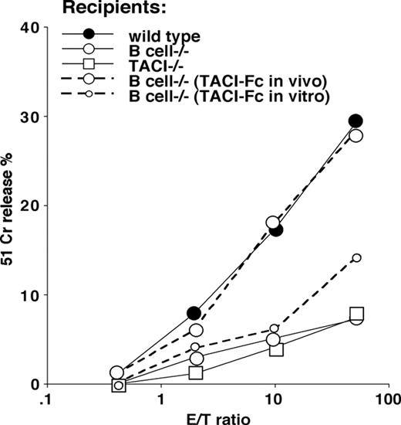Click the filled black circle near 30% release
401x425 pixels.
tap(356, 121)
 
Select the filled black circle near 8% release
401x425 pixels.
tap(194, 313)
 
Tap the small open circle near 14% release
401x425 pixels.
tap(356, 258)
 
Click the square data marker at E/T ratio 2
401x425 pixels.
tap(196, 372)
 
